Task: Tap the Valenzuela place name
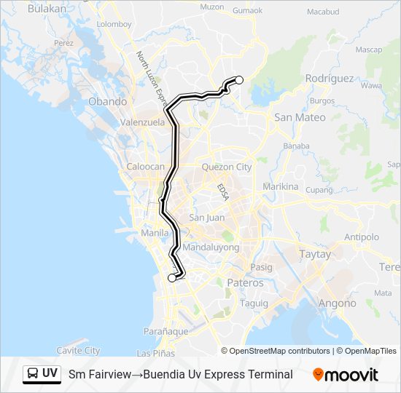(x=142, y=123)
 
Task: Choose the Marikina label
(x=281, y=186)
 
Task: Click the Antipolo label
(x=362, y=237)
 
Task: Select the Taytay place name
(x=315, y=255)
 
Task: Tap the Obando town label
(x=107, y=102)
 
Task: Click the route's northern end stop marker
(x=238, y=80)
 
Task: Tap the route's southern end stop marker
(x=172, y=277)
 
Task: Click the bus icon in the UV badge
(x=33, y=374)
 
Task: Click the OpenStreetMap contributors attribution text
(x=280, y=351)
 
